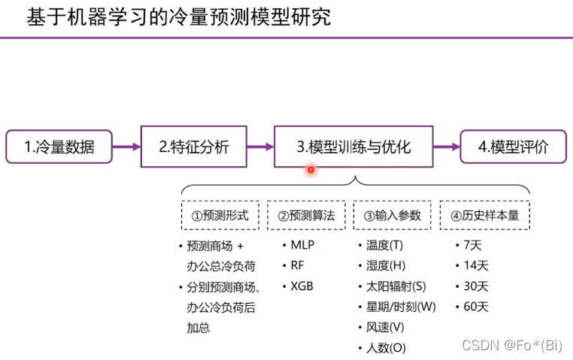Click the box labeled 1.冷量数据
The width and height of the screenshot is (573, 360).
59,147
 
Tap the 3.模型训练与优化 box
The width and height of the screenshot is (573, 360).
353,147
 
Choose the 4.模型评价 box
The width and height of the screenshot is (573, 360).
514,147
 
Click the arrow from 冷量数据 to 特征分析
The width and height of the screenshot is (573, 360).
126,147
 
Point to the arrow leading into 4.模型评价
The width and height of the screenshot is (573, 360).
446,147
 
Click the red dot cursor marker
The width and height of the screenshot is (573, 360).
311,170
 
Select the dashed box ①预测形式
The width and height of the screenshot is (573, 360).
220,216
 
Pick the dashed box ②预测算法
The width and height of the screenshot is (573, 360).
306,216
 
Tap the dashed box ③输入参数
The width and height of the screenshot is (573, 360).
392,216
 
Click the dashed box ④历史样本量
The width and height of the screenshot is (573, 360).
484,216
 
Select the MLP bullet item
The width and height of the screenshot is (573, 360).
302,245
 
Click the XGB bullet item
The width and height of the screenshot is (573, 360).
302,286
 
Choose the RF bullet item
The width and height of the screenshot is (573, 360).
298,265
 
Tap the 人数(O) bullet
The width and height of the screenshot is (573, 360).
386,347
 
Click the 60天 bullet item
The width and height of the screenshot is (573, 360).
476,307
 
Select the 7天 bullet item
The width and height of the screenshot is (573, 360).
473,245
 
